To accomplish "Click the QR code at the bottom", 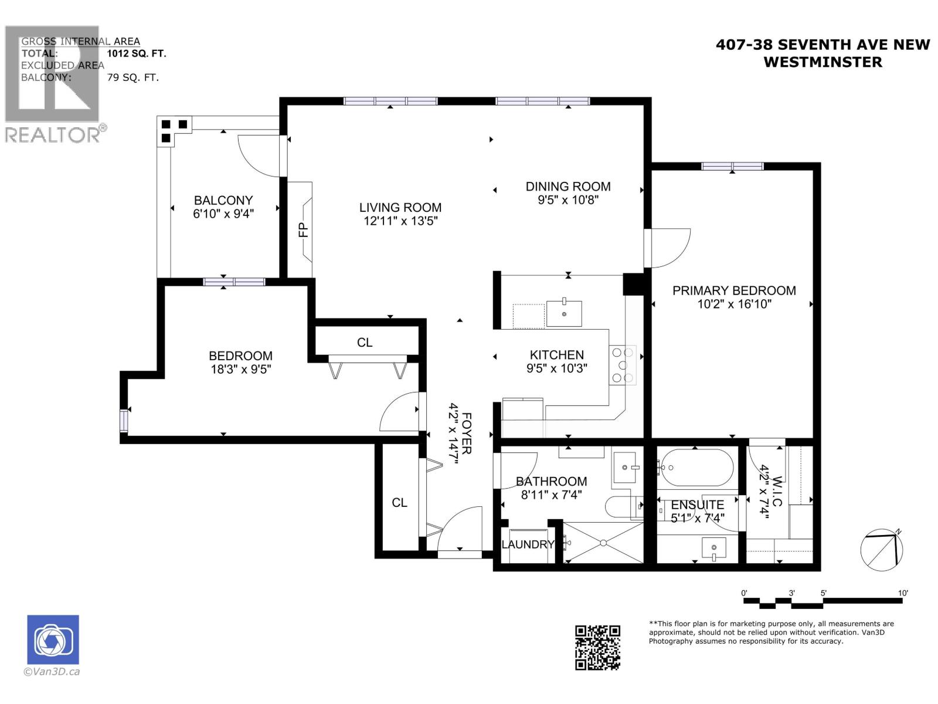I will [x=597, y=647].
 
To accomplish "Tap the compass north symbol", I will [x=882, y=550].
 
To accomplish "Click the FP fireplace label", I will [x=303, y=229].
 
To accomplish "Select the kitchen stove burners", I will [x=623, y=365].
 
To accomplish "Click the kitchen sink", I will [x=564, y=314].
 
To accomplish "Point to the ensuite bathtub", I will [x=695, y=468].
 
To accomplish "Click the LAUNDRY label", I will [x=528, y=544].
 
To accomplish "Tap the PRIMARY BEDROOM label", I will [x=734, y=290].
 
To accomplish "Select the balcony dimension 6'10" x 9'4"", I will [x=223, y=214].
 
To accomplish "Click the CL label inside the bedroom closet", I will [x=365, y=342].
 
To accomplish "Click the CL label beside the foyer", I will [x=400, y=503].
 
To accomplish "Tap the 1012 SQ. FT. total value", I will [x=137, y=53].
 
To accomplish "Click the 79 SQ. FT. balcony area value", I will [x=133, y=77].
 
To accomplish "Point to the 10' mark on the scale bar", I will [x=902, y=593].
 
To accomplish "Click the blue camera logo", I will [x=53, y=639].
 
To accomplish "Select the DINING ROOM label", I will [x=568, y=187].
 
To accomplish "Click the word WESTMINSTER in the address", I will [x=823, y=62].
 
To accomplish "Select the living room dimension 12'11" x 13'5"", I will [x=400, y=221].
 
